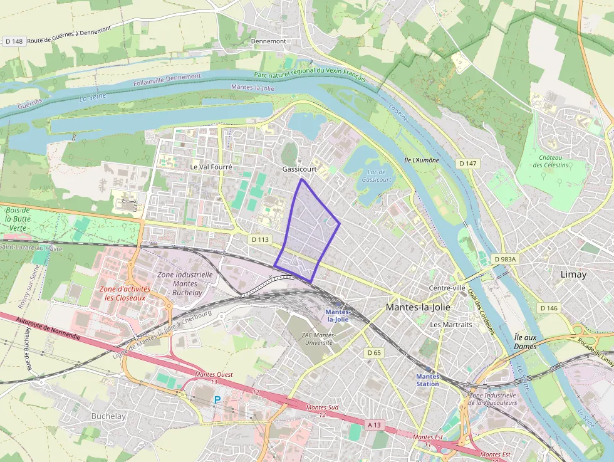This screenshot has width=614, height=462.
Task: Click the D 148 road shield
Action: click(x=13, y=41)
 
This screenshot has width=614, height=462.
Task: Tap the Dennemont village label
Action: click(x=268, y=41)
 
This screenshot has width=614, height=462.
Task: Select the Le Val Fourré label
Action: click(x=211, y=168)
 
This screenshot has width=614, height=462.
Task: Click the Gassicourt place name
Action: click(x=298, y=170)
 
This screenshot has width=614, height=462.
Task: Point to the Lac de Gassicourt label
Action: click(x=376, y=176)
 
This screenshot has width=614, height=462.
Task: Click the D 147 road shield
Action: click(x=467, y=163)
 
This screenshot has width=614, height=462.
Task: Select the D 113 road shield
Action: click(x=259, y=239)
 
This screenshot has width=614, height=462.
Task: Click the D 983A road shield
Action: click(x=504, y=259)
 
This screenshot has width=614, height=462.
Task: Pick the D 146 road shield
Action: click(x=548, y=308)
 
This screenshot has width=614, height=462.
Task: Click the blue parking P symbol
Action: click(x=217, y=399)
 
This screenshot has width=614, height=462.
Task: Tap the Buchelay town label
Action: click(x=108, y=416)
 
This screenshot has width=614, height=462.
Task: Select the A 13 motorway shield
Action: click(x=374, y=425)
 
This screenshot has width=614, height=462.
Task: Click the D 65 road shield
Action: click(x=374, y=353)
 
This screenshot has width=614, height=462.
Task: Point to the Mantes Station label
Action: click(x=428, y=380)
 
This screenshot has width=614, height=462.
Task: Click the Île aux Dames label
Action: click(x=526, y=342)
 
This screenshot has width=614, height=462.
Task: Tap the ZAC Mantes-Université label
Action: click(x=318, y=339)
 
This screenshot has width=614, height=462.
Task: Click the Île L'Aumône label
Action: click(x=422, y=160)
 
